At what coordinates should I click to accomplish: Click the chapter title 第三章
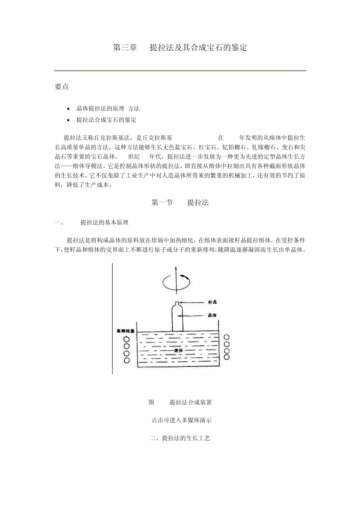tap(125, 48)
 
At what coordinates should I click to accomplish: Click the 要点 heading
tap(61, 87)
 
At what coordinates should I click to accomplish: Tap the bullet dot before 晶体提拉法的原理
tap(68, 109)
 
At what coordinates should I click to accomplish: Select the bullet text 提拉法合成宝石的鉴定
tap(106, 120)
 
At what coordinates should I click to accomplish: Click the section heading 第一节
tap(162, 202)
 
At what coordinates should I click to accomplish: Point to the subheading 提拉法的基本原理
tap(104, 222)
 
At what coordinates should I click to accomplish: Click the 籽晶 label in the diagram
tap(212, 302)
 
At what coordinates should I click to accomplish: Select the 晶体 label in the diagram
tap(212, 315)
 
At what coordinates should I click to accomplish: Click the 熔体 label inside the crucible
tap(178, 351)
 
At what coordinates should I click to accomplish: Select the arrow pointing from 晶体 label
tap(194, 315)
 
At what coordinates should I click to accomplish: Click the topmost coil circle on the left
tap(127, 339)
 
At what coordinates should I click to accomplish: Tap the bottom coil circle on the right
tap(227, 357)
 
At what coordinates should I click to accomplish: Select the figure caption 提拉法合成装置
tap(191, 402)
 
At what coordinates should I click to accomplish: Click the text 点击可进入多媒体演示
tap(181, 420)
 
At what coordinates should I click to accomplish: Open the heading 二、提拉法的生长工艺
tap(180, 438)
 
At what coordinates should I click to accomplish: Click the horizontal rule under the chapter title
tap(180, 70)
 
